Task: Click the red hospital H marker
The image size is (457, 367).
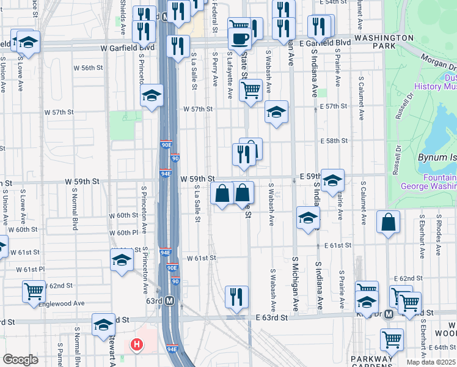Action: pyautogui.click(x=137, y=345)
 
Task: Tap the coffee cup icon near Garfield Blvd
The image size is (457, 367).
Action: pyautogui.click(x=239, y=39)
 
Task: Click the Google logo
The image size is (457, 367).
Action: pyautogui.click(x=20, y=360)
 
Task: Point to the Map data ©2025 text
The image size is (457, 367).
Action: pyautogui.click(x=431, y=363)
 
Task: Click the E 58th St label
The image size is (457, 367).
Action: pyautogui.click(x=334, y=141)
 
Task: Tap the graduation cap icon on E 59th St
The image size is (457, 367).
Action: pyautogui.click(x=332, y=180)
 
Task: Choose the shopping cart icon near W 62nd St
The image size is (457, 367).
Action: pyautogui.click(x=33, y=291)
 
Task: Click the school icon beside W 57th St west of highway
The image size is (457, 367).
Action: pyautogui.click(x=152, y=95)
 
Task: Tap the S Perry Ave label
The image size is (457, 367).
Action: pyautogui.click(x=215, y=69)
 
